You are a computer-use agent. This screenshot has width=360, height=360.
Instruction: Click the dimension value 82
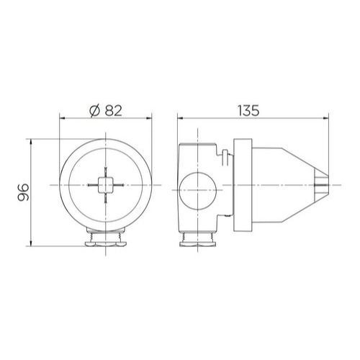coord(113,111)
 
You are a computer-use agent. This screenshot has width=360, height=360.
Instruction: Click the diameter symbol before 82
coord(94,111)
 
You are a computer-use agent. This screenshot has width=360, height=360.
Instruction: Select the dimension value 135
coord(248,111)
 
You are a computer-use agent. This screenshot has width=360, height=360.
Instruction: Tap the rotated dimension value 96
coord(23,192)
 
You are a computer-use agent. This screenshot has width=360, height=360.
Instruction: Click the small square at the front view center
coord(105,185)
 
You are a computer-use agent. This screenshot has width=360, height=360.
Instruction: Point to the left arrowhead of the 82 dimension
coord(62,118)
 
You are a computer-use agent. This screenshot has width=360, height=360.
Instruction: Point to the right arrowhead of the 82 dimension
coord(149,118)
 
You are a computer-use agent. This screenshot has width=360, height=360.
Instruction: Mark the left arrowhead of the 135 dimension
coord(180,118)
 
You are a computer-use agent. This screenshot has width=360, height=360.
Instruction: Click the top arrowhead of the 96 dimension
coord(30,142)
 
